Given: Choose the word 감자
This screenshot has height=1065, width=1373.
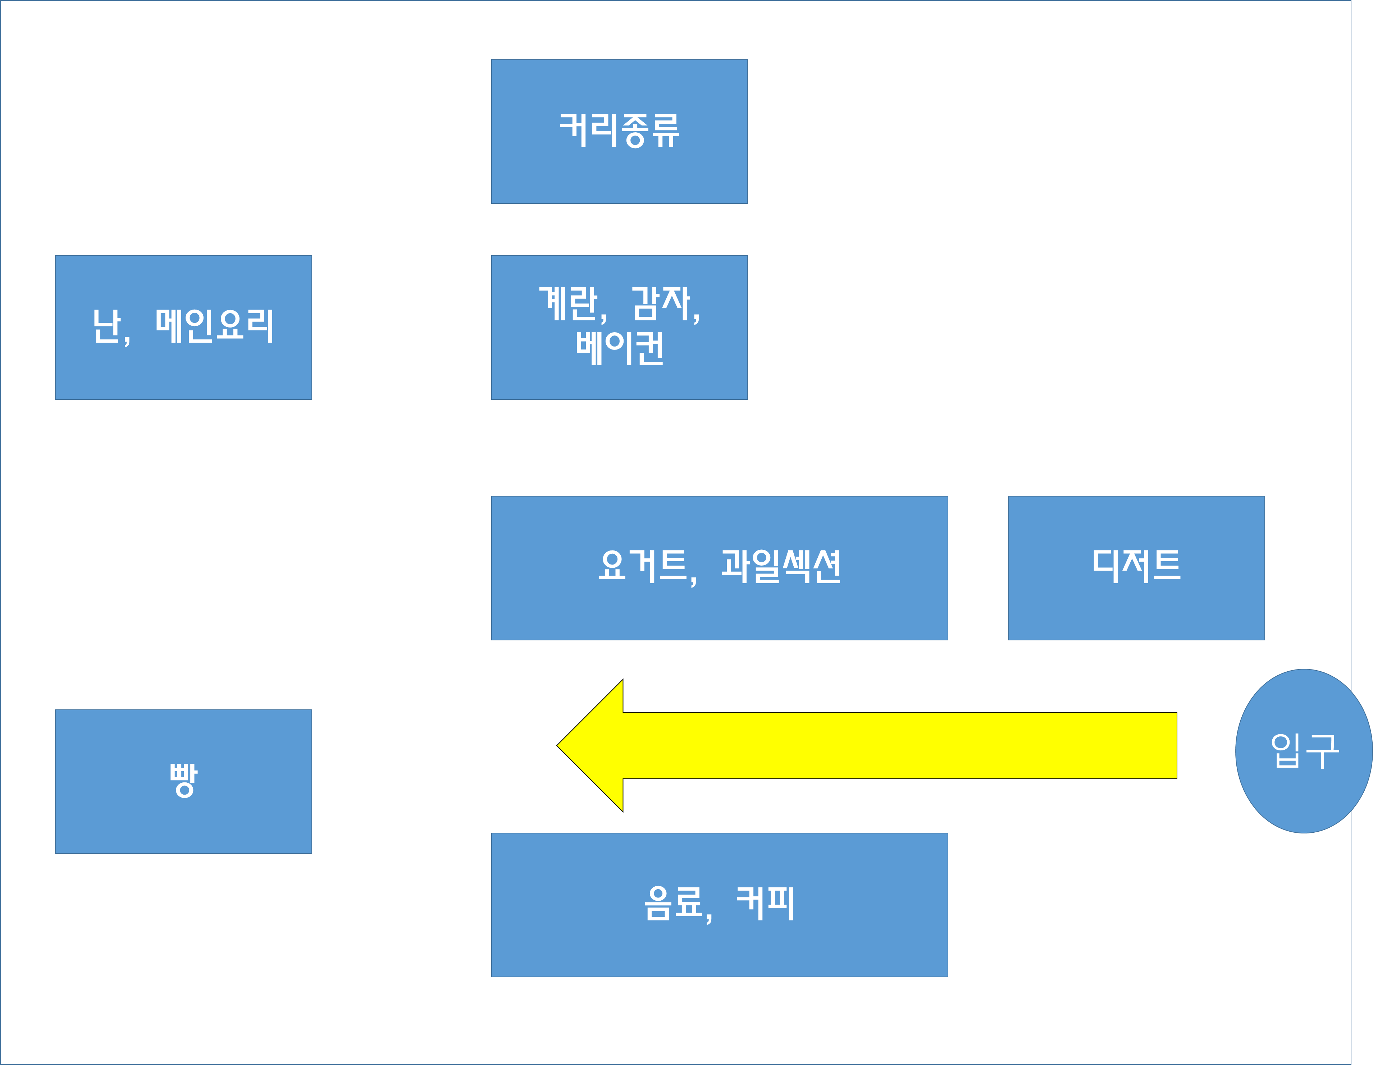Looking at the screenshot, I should pos(661,304).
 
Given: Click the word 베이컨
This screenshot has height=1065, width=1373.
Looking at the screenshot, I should pos(619,348).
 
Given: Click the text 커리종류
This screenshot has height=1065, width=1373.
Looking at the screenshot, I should pos(619,130).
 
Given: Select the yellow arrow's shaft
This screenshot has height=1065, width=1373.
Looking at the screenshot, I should pos(899,746).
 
